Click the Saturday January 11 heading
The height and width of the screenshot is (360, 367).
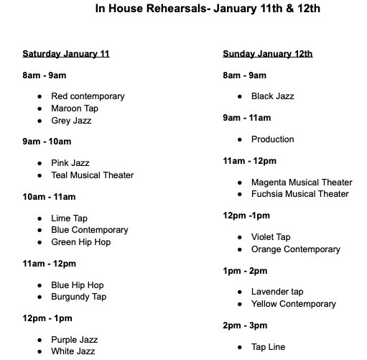coord(66,54)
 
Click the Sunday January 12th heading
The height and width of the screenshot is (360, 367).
coord(268,54)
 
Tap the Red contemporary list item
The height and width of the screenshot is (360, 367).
coord(88,96)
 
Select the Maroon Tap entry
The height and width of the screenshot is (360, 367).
coord(75,109)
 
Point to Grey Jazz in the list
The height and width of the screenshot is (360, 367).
coord(71,121)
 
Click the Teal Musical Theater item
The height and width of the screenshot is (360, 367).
coord(92,175)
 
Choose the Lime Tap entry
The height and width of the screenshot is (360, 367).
coord(70,218)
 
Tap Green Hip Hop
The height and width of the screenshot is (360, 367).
coord(80,242)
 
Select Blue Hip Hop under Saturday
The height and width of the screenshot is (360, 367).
coord(78,285)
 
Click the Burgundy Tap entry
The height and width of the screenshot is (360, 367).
coord(78,297)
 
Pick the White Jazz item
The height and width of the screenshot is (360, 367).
coord(73,351)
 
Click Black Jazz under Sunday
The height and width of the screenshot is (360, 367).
coord(272,96)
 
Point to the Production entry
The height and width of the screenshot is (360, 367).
coord(272,139)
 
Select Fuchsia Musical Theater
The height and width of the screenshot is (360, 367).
coord(299,194)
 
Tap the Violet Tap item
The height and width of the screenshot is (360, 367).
coord(271,237)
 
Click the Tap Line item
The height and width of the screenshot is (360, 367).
coord(268,347)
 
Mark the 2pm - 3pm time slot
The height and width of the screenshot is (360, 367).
coord(244,326)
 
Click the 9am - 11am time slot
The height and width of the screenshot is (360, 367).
coord(246,118)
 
